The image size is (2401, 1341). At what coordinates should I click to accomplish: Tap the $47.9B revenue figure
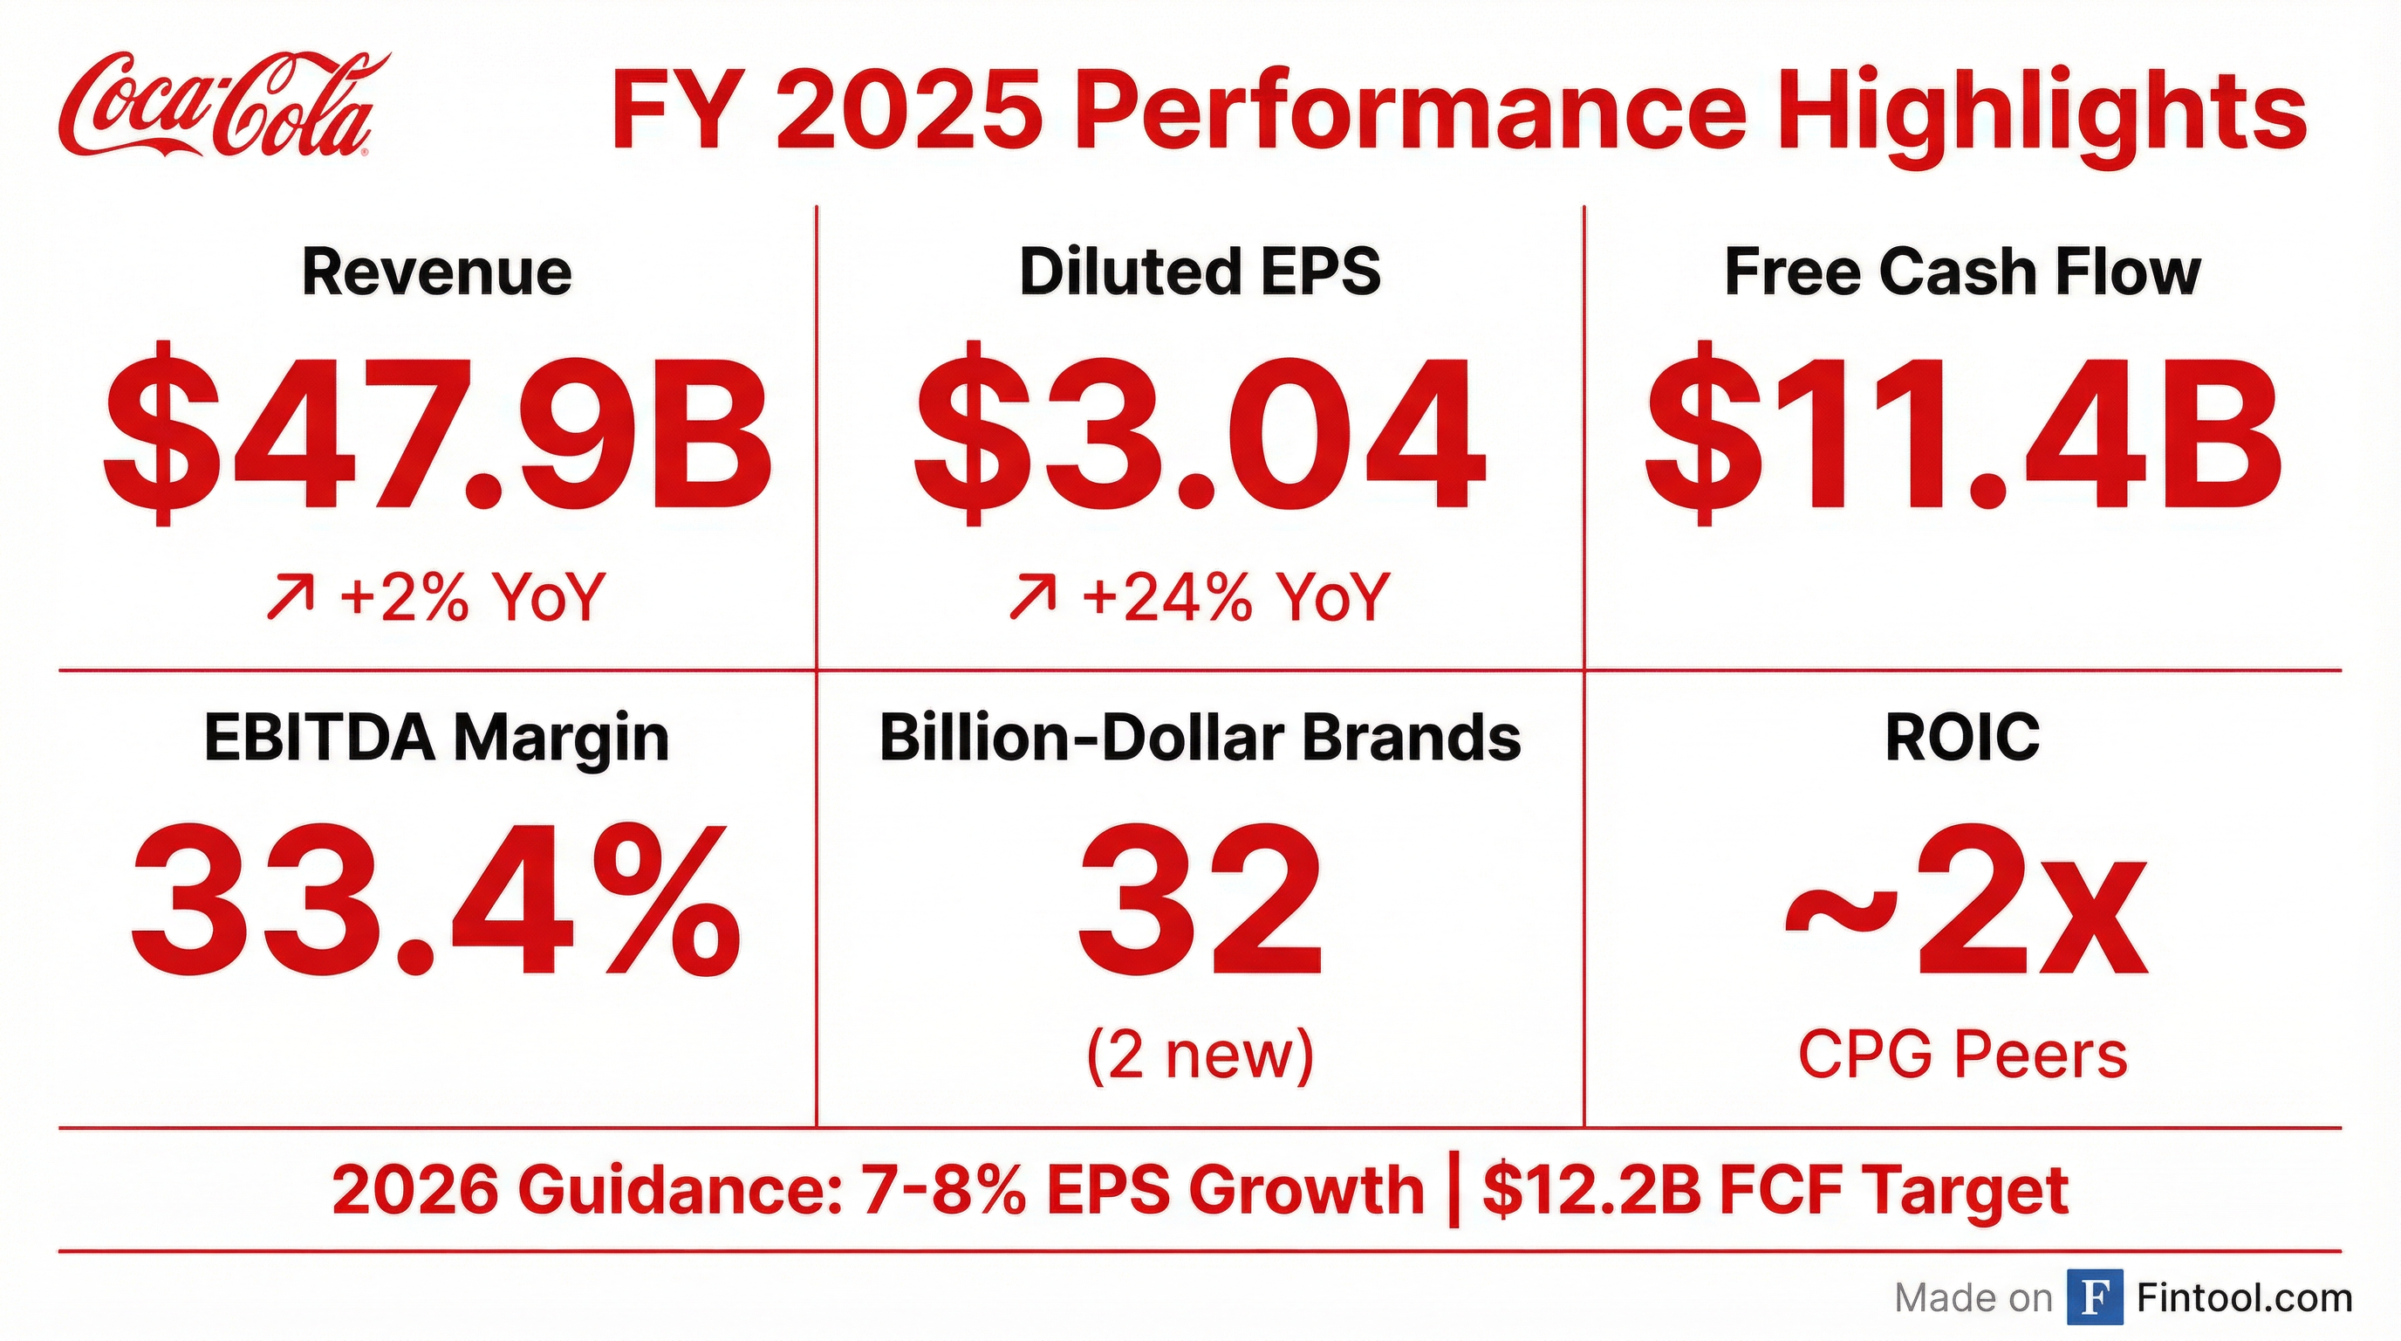tap(437, 435)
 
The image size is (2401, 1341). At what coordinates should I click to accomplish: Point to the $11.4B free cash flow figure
tap(1963, 435)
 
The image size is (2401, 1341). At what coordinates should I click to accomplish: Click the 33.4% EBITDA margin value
tap(437, 901)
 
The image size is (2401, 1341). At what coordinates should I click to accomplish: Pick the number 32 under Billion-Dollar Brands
tap(1200, 901)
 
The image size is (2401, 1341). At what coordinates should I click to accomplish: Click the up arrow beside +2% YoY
tap(290, 597)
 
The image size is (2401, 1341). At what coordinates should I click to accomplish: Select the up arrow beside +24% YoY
tap(1033, 597)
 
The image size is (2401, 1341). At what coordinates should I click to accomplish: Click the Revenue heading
tap(437, 272)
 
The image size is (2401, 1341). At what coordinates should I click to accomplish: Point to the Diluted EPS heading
tap(1200, 272)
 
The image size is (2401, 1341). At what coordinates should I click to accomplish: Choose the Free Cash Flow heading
tap(1963, 272)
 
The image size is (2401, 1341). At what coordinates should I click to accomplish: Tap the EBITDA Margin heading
tap(437, 738)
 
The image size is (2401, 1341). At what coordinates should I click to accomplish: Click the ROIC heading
tap(1963, 738)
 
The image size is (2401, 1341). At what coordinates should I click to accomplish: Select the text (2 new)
tap(1200, 1055)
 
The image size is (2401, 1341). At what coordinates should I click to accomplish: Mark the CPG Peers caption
tap(1963, 1055)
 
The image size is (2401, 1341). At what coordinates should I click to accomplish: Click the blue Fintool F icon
tap(2095, 1297)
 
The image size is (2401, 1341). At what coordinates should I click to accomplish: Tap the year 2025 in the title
tap(909, 113)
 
